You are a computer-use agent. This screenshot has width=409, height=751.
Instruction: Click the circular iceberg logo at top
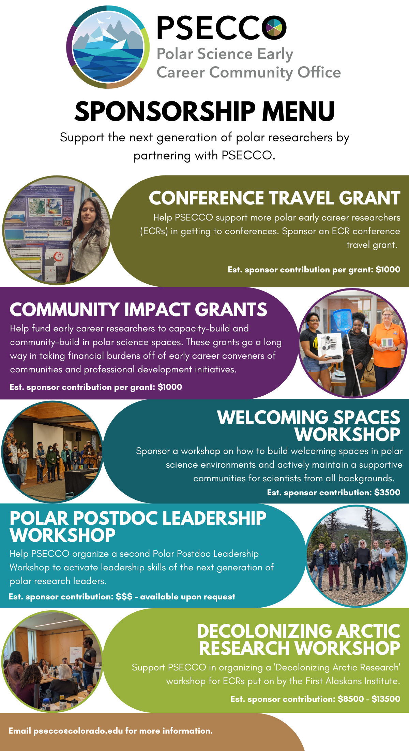108,47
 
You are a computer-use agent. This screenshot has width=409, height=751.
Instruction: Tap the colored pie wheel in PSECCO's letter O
274,27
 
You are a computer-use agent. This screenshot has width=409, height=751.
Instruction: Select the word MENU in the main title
298,111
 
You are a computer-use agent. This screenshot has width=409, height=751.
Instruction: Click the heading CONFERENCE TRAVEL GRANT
274,198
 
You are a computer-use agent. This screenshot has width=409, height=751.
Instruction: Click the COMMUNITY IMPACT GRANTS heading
138,310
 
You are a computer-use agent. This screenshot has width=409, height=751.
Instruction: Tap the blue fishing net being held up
342,320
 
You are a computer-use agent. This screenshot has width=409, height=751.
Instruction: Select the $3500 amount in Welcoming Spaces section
387,492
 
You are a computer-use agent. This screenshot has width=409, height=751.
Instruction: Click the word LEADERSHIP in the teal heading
214,518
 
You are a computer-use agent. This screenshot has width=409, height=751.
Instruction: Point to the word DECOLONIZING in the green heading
264,631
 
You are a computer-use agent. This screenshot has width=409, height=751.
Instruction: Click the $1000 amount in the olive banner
388,270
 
